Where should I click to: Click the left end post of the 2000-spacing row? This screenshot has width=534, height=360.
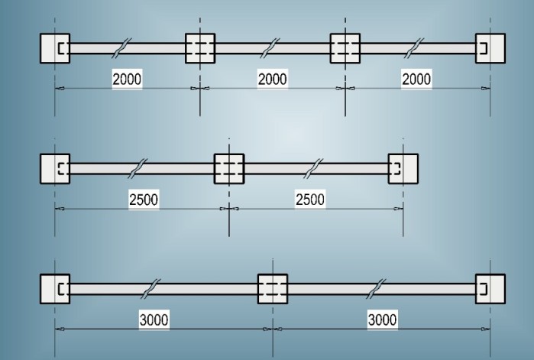(55, 48)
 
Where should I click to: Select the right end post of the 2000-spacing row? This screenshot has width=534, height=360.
(490, 48)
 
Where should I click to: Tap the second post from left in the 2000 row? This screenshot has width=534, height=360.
(200, 48)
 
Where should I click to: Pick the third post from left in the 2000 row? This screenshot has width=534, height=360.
(345, 48)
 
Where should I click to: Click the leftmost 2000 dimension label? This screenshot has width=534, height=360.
(127, 79)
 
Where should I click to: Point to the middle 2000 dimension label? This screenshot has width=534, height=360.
(272, 79)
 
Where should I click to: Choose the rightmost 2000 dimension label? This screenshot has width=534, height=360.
(416, 79)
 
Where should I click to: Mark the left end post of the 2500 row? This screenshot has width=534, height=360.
(55, 168)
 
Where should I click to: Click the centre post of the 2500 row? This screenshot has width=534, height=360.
(228, 168)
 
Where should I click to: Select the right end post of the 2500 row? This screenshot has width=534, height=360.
(403, 168)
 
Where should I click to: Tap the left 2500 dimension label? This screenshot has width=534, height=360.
(143, 199)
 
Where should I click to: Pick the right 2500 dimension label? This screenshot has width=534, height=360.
(309, 199)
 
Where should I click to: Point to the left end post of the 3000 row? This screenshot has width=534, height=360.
(55, 288)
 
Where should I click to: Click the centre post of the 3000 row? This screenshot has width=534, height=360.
(272, 288)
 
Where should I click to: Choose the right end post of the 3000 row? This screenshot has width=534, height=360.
(490, 288)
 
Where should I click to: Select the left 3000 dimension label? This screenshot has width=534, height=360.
(154, 319)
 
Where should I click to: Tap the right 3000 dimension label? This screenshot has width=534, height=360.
(382, 319)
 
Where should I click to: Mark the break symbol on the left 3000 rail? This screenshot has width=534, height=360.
(154, 288)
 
